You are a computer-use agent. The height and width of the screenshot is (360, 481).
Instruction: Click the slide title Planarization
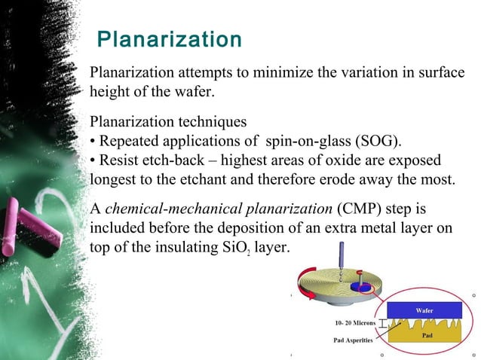click(170, 39)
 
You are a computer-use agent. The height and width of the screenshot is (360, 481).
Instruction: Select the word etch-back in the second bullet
click(172, 162)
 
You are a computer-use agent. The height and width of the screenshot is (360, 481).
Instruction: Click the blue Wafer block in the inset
click(424, 310)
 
